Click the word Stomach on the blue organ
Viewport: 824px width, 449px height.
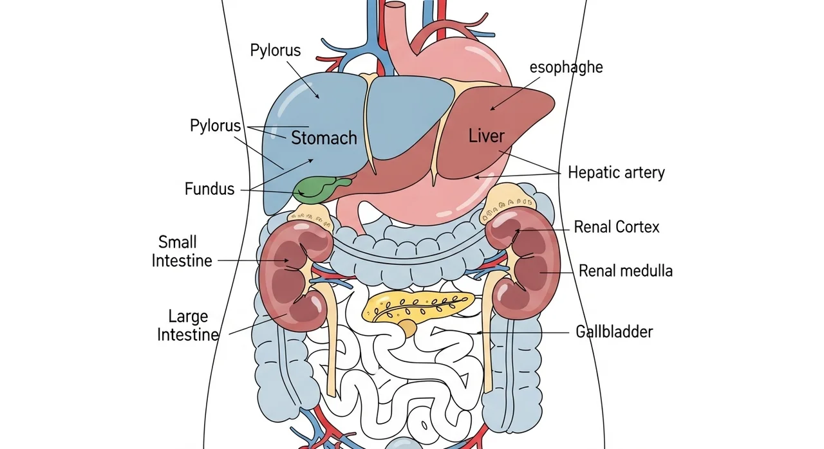pos(324,138)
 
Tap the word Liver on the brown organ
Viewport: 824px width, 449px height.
pos(486,136)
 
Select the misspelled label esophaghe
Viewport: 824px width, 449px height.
pos(566,68)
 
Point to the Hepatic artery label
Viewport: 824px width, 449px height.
pos(616,172)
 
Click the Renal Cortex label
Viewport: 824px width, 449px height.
pos(617,227)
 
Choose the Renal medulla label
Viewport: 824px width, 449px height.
pos(625,271)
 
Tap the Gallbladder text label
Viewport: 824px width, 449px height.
pos(614,332)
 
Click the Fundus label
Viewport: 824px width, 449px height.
pos(209,189)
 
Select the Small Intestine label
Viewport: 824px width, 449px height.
pos(182,252)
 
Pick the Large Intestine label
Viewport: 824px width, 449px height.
pos(188,325)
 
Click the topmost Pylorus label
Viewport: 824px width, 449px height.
pos(275,51)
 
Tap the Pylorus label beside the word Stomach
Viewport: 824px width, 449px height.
pos(215,126)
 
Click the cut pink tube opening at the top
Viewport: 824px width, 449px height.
pos(395,6)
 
